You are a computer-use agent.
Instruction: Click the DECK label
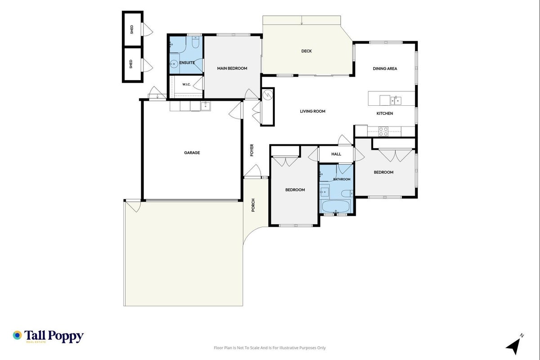coord(306,51)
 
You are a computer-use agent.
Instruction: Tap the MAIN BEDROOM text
coord(232,68)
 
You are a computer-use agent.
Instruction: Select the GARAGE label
coord(192,153)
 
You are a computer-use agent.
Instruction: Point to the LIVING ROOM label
coord(312,111)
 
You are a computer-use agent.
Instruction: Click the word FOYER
coord(252,150)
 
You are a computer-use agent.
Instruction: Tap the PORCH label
coord(253,205)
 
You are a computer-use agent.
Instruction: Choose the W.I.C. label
coord(186,85)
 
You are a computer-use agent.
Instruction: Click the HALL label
coord(336,154)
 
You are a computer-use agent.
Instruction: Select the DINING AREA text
coord(385,69)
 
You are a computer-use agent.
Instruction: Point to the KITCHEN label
coord(384,113)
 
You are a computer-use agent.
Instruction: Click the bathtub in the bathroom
coord(336,206)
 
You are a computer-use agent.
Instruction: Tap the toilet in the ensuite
coord(195,42)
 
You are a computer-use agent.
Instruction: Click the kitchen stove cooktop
coord(383,131)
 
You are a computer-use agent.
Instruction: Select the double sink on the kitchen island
coord(396,100)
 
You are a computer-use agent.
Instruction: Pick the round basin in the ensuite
coord(174,64)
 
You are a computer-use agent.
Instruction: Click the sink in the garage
coord(205,106)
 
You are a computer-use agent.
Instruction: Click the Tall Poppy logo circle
coord(18,335)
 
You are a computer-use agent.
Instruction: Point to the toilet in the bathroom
coord(347,193)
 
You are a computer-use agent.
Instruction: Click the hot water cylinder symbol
coord(268,95)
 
